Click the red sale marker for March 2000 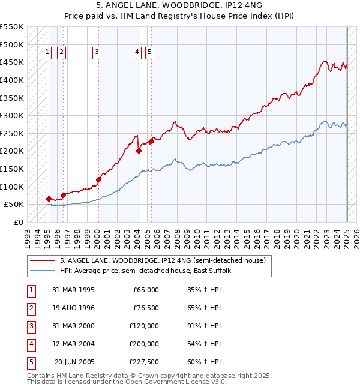99,179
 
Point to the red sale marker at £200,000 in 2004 139,151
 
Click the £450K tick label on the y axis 11,62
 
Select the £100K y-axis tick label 11,187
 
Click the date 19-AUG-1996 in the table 73,308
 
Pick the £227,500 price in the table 144,362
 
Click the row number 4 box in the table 30,344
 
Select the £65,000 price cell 146,290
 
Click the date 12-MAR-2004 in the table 73,344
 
